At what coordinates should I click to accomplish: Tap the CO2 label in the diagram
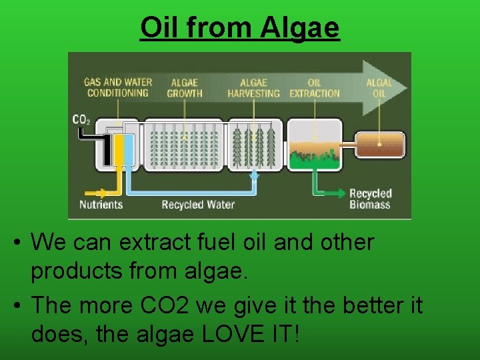(81, 120)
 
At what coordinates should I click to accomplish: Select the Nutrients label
(101, 205)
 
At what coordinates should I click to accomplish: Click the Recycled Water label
(198, 205)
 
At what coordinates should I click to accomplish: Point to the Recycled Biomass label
(370, 199)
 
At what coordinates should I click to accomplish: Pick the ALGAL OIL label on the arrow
(379, 88)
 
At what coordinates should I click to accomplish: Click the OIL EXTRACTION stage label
(314, 88)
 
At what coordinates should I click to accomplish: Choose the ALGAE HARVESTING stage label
(253, 88)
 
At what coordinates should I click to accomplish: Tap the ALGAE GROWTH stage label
(185, 88)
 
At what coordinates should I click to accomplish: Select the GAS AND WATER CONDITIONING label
(118, 87)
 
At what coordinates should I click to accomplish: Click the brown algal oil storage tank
(379, 145)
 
